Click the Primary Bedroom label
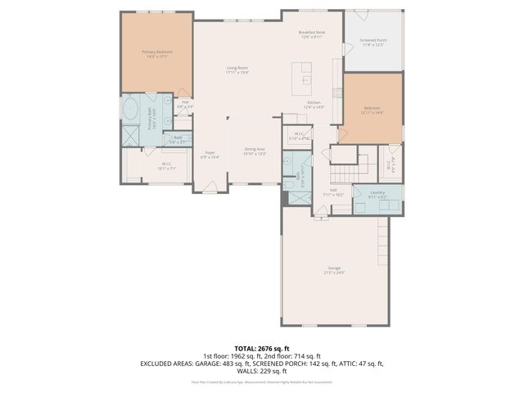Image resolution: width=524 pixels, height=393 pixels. (x=157, y=53)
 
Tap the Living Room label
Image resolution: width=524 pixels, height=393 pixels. (x=237, y=70)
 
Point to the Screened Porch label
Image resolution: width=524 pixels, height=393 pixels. (x=376, y=42)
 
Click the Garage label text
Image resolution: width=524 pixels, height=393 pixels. (x=334, y=270)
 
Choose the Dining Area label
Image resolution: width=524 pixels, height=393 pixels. (x=255, y=151)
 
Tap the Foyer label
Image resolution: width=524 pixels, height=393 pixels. (x=210, y=155)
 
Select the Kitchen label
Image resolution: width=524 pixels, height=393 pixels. (x=314, y=105)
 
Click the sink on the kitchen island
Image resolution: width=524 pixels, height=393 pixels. (x=306, y=80)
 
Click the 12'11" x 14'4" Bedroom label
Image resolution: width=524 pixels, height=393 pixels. (x=373, y=110)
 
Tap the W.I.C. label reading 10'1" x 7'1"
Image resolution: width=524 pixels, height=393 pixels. (x=167, y=166)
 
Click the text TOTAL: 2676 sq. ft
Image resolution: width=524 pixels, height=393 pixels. (x=262, y=348)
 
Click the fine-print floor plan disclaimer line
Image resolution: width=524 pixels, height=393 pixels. (x=262, y=382)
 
